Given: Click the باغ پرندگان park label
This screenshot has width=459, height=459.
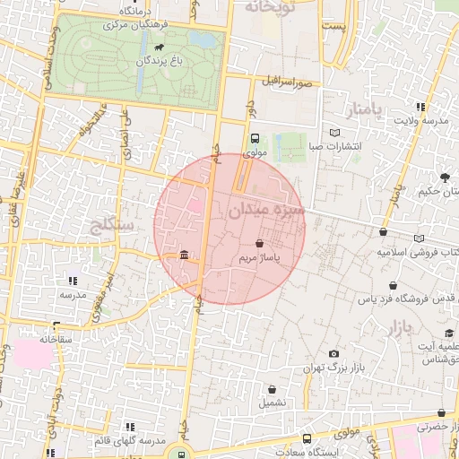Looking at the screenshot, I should (x=160, y=61).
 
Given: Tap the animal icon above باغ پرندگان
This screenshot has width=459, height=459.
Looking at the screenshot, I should (x=160, y=47).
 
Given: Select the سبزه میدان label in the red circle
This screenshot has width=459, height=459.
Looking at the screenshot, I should (x=267, y=212).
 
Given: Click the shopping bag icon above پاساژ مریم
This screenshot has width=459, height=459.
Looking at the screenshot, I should (x=259, y=243).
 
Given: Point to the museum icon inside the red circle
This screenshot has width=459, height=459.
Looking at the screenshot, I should (x=184, y=256).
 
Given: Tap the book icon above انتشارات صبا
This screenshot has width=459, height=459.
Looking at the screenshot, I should (x=335, y=133).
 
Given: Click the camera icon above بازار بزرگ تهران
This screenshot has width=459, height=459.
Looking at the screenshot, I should (x=333, y=354).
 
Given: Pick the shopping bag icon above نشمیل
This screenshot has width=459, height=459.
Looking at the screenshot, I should (x=273, y=389).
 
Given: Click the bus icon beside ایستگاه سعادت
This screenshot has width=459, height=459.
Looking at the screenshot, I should (x=307, y=439).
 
